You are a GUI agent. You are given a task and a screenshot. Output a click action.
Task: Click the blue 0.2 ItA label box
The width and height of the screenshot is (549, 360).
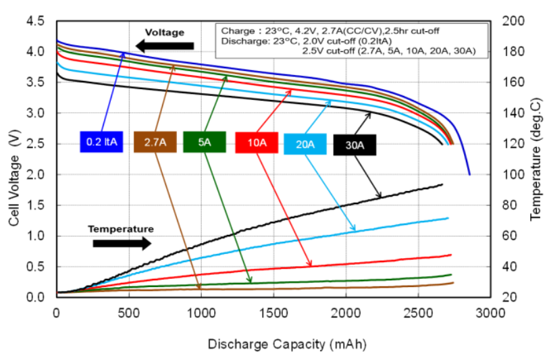[x=101, y=142]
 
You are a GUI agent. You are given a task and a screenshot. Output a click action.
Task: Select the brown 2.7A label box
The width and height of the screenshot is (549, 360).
[x=155, y=142]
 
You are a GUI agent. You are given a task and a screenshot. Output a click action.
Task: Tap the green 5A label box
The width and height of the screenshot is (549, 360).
[x=204, y=142]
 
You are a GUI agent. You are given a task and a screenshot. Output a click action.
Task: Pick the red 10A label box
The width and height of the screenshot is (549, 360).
[x=257, y=143]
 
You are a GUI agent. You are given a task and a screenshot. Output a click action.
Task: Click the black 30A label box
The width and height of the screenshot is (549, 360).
[x=355, y=145]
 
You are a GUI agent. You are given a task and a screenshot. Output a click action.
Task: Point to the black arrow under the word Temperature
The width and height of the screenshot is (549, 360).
[x=122, y=242]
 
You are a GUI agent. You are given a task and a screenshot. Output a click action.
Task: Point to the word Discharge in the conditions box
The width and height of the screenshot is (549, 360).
[x=240, y=40]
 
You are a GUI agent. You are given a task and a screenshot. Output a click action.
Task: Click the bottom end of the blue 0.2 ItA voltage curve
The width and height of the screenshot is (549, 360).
[x=469, y=174]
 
